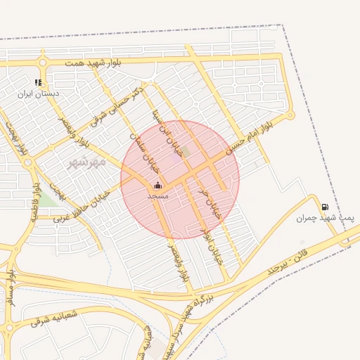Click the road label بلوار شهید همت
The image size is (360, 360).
pos(95,63)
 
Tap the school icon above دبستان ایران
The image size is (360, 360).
pos(38,82)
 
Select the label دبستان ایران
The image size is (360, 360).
pos(39,93)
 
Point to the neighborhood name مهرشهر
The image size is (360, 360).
pos(86,162)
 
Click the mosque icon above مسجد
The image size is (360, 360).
pos(157,186)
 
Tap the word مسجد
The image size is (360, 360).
pos(158,196)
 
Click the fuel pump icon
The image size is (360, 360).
pos(324,207)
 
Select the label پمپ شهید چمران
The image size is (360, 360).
pos(318,218)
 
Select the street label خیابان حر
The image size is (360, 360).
pos(208,204)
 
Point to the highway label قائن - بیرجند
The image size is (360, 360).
pos(288,262)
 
